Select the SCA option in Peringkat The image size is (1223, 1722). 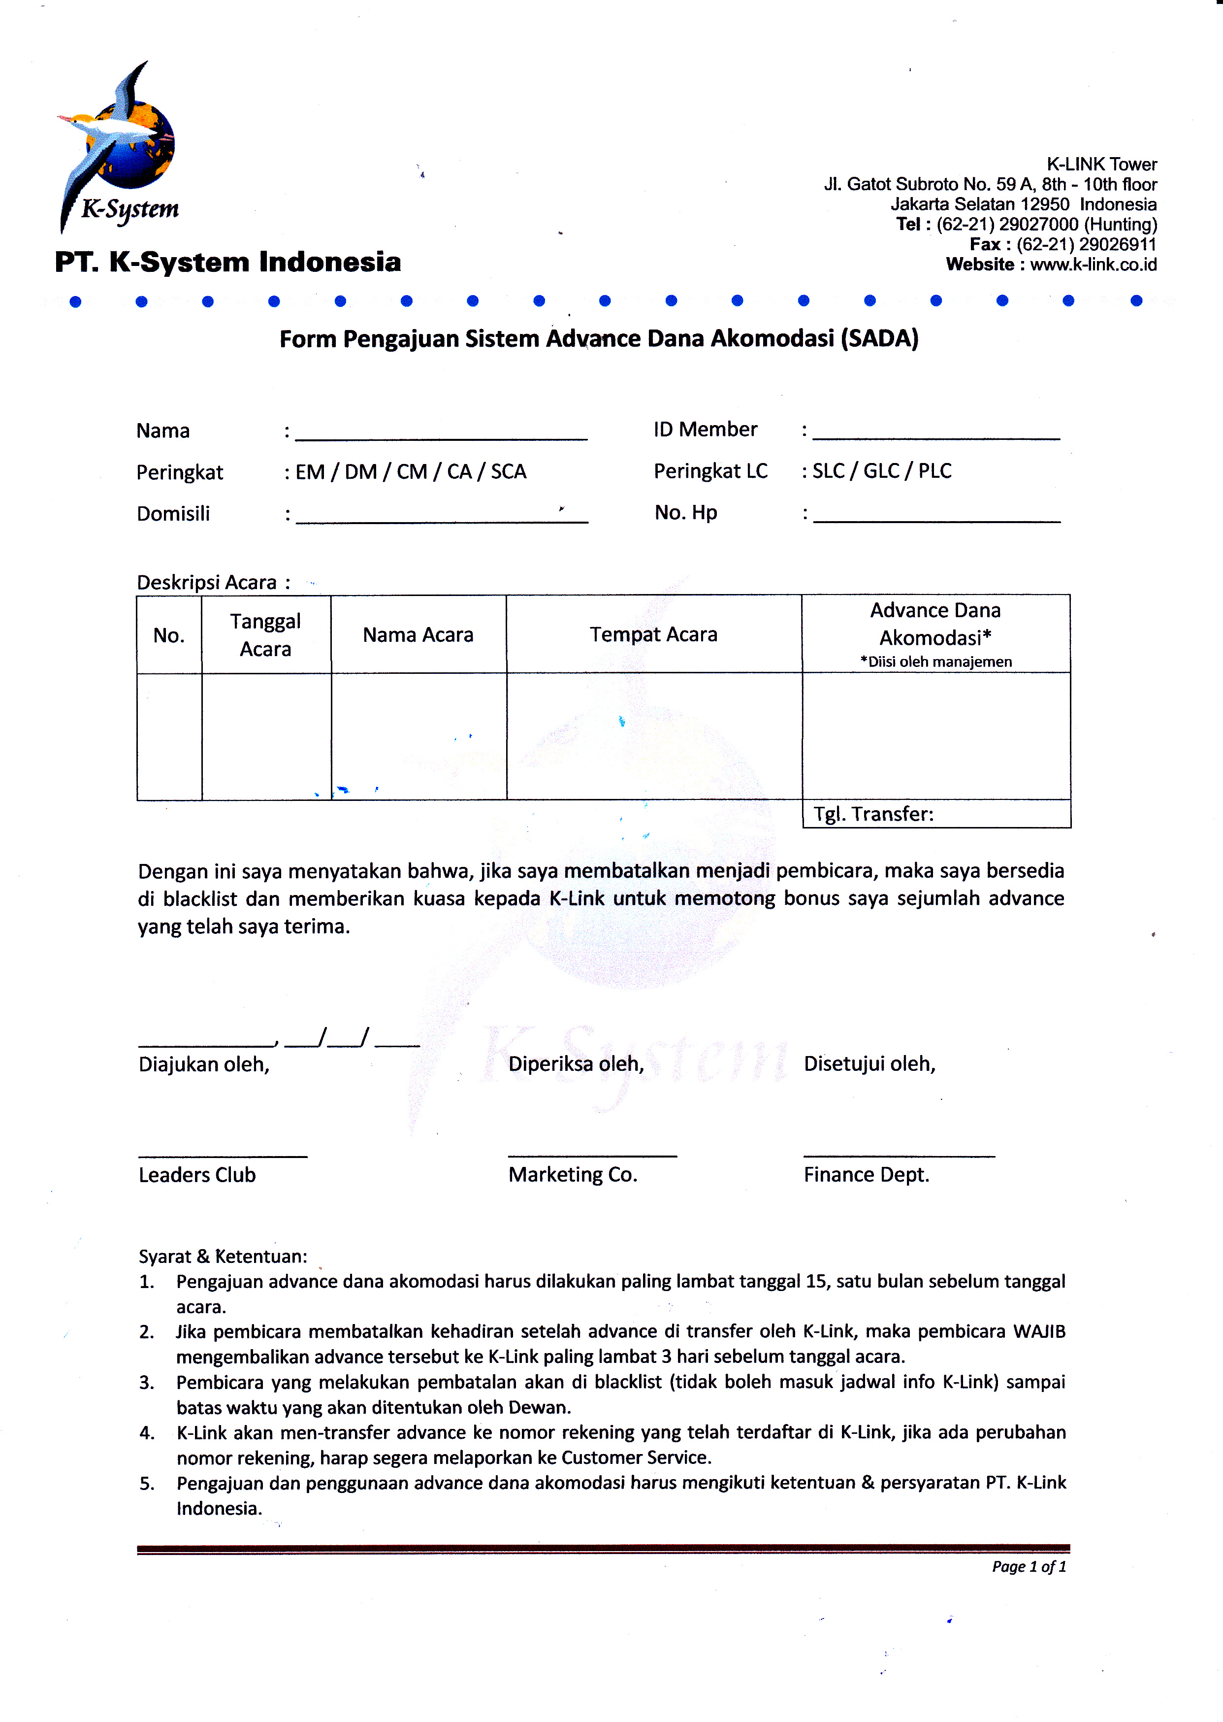(x=508, y=471)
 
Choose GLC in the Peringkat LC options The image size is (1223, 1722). (x=881, y=471)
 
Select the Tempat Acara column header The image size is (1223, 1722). (x=653, y=634)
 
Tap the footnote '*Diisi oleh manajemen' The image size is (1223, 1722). (x=936, y=662)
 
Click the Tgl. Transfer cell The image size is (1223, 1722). (x=936, y=814)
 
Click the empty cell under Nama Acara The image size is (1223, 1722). (x=418, y=736)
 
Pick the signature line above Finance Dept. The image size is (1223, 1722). (x=899, y=1155)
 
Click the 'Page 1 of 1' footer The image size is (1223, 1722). (x=1029, y=1567)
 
